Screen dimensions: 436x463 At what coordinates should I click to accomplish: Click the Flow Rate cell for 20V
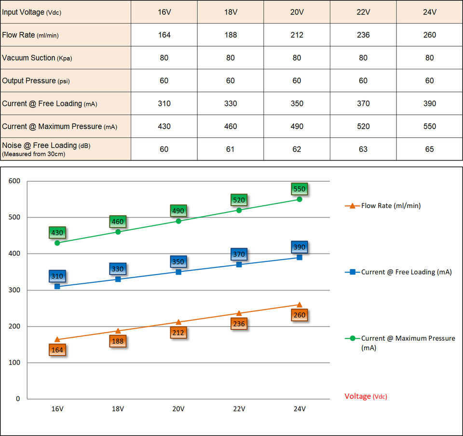pyautogui.click(x=297, y=35)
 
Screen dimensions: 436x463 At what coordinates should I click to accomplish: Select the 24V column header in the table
pyautogui.click(x=429, y=12)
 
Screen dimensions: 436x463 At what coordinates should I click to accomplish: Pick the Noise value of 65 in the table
pyautogui.click(x=429, y=149)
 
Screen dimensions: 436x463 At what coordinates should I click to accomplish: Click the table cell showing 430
pyautogui.click(x=164, y=126)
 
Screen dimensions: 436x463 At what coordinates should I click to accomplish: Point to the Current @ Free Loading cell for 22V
pyautogui.click(x=363, y=104)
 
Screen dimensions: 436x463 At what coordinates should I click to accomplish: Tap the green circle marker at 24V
pyautogui.click(x=300, y=199)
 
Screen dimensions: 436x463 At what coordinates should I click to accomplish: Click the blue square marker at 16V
pyautogui.click(x=57, y=286)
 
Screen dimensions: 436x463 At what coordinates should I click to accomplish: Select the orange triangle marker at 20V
pyautogui.click(x=178, y=322)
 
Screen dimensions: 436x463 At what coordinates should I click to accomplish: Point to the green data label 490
pyautogui.click(x=178, y=211)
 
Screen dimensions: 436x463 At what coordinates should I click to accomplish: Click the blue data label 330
pyautogui.click(x=118, y=269)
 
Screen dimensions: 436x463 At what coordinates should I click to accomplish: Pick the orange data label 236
pyautogui.click(x=239, y=324)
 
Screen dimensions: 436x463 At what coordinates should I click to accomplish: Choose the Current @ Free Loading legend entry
pyautogui.click(x=398, y=272)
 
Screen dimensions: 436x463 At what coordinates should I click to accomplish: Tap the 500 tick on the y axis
pyautogui.click(x=14, y=217)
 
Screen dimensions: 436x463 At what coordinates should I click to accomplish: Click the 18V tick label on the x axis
pyautogui.click(x=118, y=409)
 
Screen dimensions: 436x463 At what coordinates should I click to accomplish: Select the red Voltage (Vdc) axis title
pyautogui.click(x=366, y=396)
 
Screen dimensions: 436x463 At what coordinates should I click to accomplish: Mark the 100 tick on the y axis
pyautogui.click(x=14, y=362)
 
